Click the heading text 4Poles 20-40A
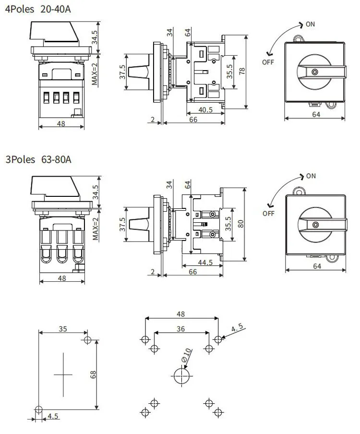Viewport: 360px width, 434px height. coord(37,9)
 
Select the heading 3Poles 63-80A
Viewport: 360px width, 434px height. coord(38,159)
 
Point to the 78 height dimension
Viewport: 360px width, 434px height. coord(242,71)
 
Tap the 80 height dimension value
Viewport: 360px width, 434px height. coord(241,224)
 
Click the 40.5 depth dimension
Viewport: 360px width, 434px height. coord(205,109)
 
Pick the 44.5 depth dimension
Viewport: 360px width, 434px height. coord(204,263)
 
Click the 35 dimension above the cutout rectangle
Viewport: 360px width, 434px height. coord(63,329)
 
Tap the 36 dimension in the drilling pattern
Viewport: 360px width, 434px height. coord(181,329)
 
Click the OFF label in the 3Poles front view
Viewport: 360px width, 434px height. coord(268,214)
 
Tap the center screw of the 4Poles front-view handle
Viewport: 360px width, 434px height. coord(314,72)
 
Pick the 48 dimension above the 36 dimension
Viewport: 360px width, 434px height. coord(181,314)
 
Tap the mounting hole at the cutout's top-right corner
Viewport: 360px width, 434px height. coord(87,340)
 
